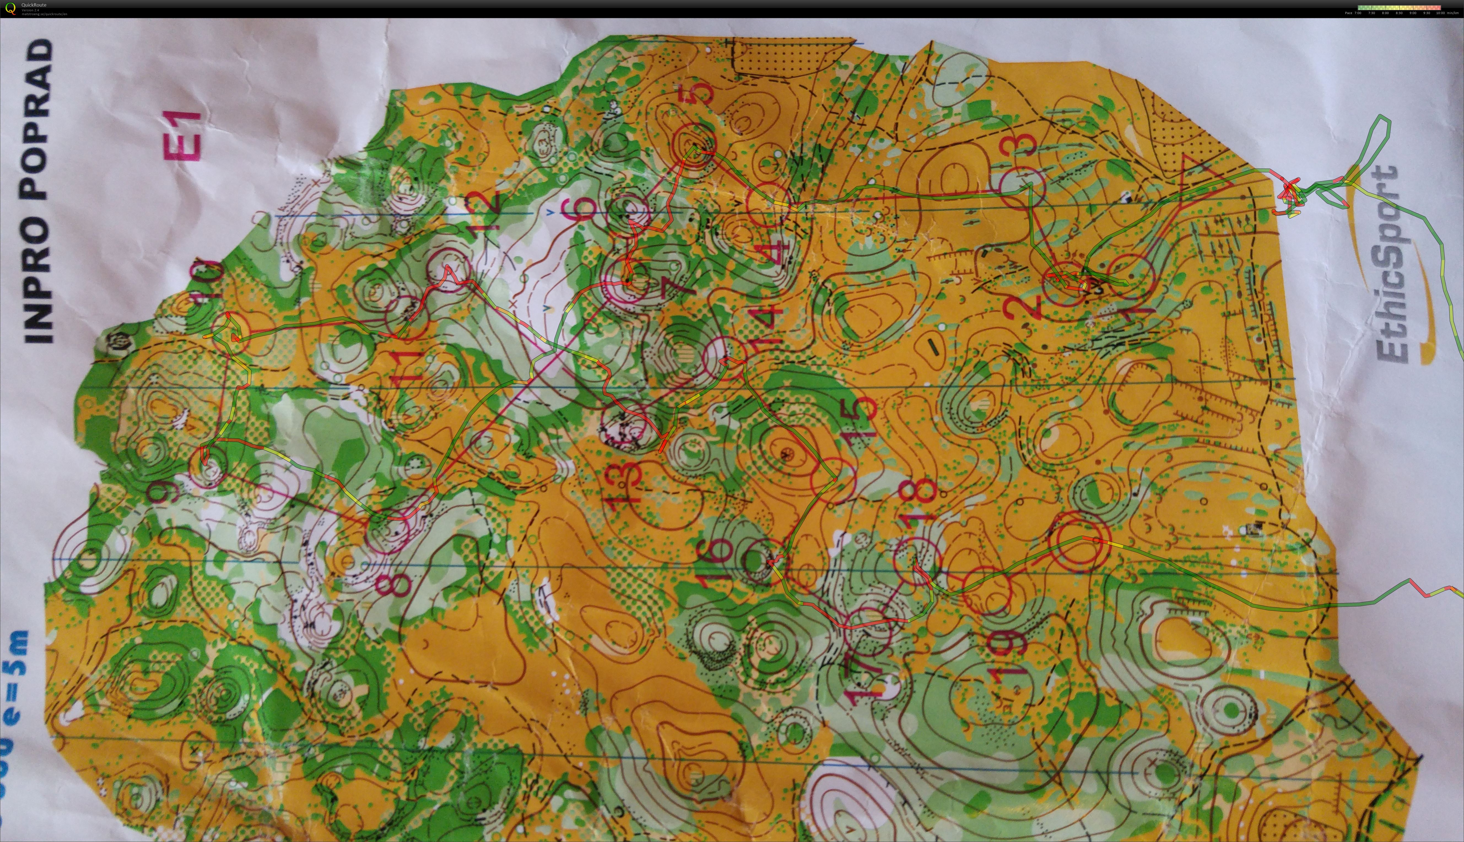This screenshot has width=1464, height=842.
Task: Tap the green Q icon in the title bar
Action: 10,8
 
